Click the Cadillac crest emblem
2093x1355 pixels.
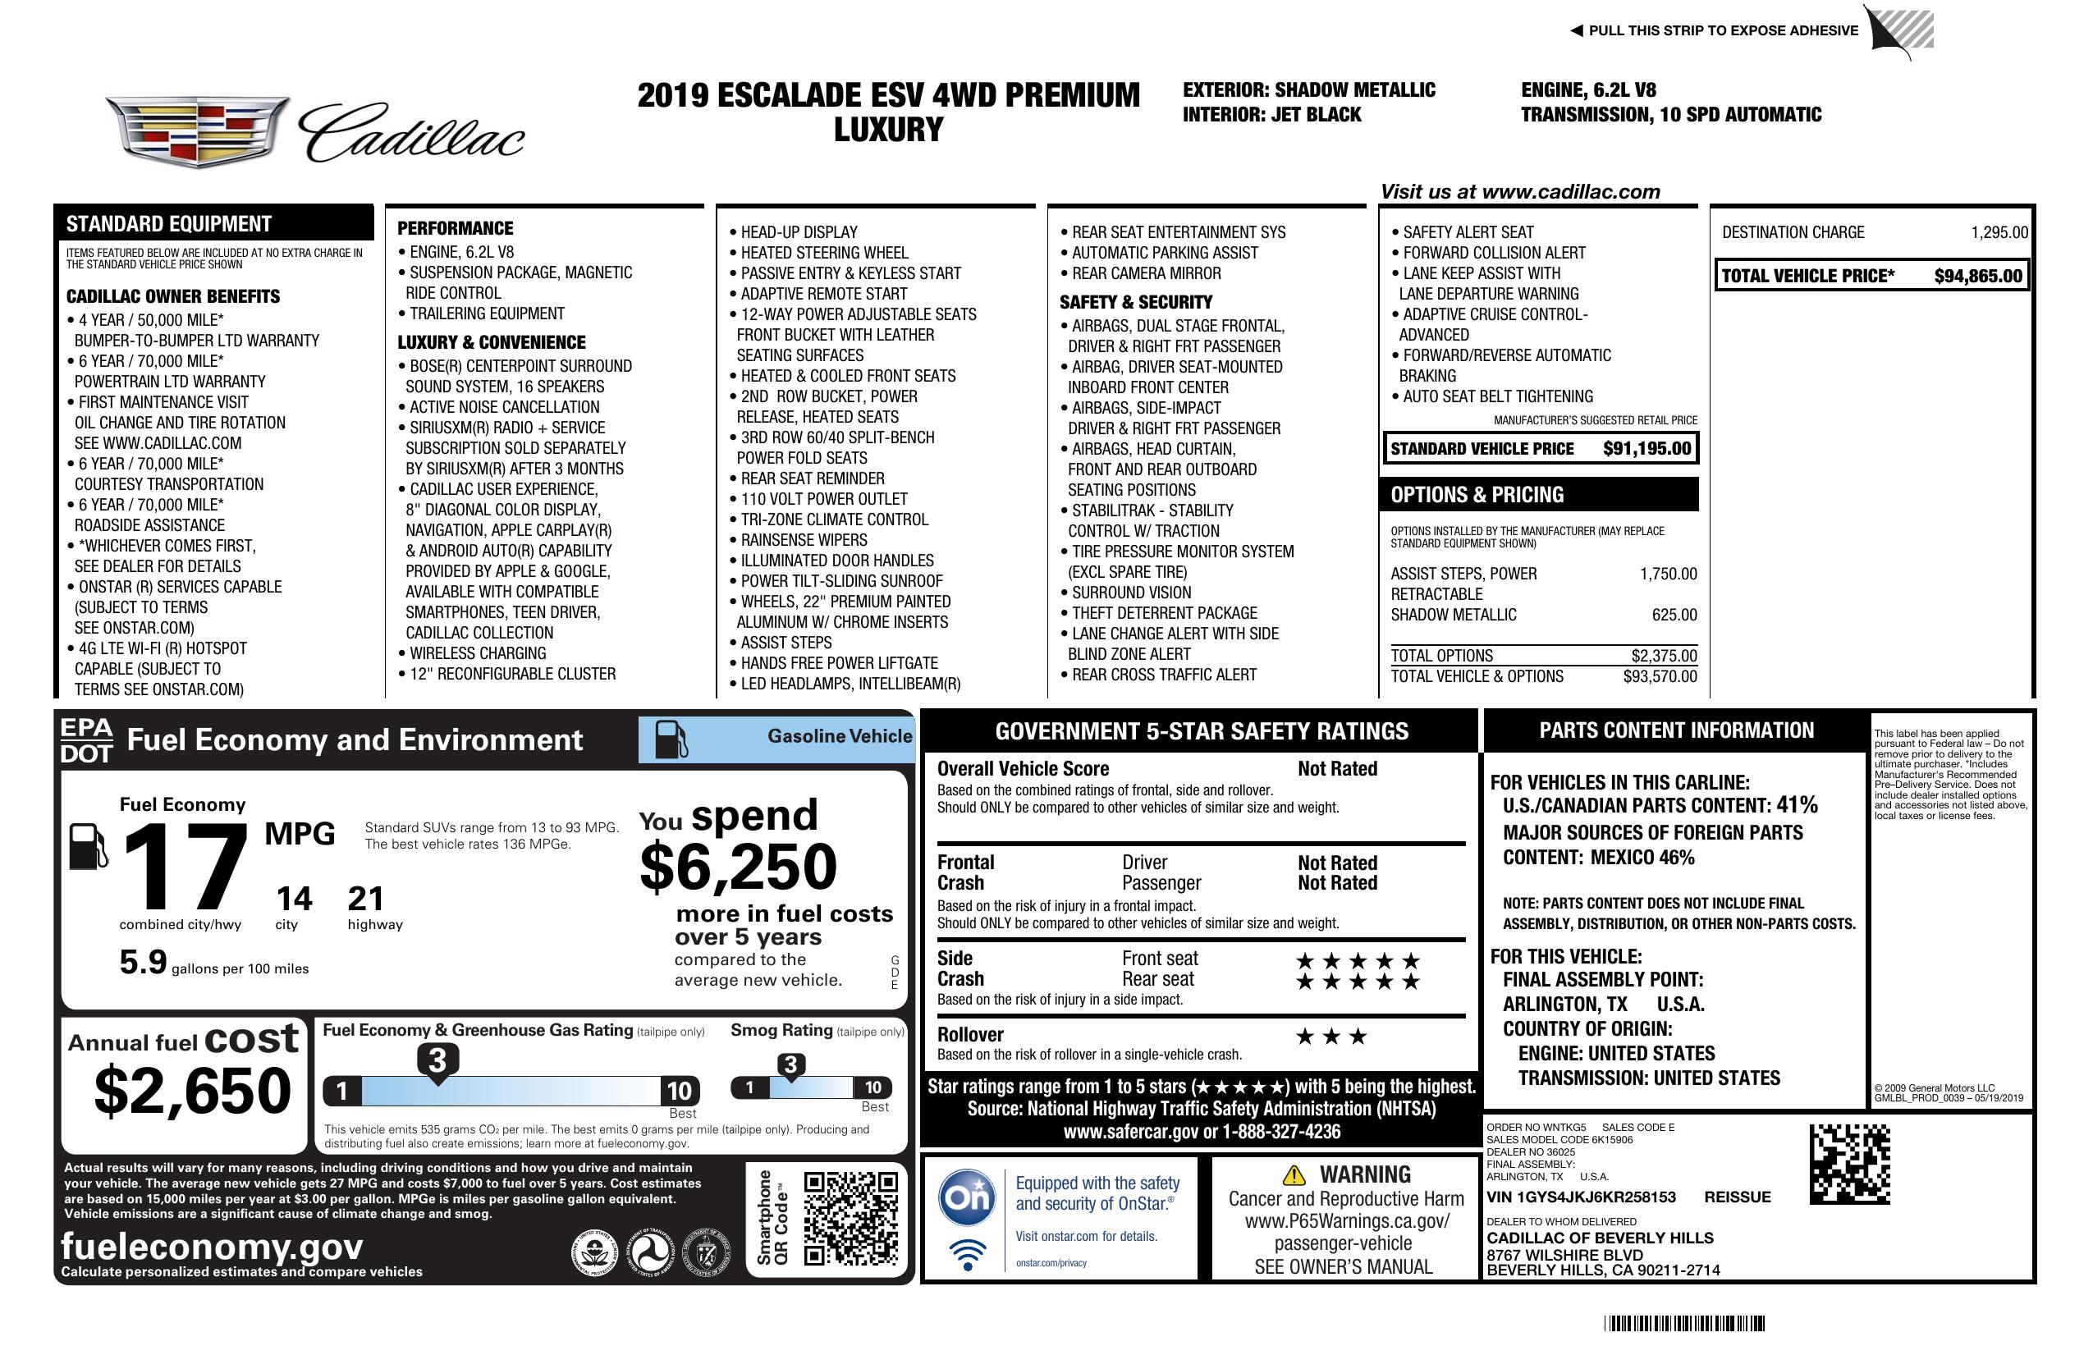(x=197, y=131)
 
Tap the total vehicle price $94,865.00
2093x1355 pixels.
(x=1978, y=276)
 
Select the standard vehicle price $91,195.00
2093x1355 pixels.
(x=1646, y=448)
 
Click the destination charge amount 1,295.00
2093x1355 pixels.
(x=1999, y=233)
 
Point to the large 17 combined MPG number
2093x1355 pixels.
(x=185, y=866)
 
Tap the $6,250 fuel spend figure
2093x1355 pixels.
(x=738, y=867)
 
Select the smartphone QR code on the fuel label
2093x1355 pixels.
(x=850, y=1217)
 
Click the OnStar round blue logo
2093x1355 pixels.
(x=968, y=1197)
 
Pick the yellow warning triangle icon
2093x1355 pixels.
(x=1294, y=1174)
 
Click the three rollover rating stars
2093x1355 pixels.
(x=1331, y=1037)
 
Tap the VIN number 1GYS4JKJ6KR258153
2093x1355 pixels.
(x=1581, y=1197)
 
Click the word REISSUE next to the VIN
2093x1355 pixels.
(x=1737, y=1197)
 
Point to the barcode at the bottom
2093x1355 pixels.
(x=1683, y=1323)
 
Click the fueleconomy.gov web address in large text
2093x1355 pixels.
(x=212, y=1246)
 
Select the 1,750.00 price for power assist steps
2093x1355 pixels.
(x=1667, y=575)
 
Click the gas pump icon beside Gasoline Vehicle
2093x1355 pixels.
(x=671, y=739)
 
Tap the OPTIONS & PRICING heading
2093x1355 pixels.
(x=1477, y=495)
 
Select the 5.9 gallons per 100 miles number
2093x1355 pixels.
(x=144, y=962)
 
